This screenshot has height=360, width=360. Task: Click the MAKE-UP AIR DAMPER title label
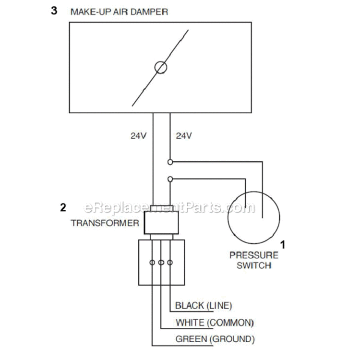119,12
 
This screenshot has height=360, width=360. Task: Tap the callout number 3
54,11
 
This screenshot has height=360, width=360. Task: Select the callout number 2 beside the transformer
63,207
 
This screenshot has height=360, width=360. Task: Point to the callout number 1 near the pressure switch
283,245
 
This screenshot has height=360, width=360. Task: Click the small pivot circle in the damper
161,68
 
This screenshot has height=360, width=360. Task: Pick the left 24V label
138,136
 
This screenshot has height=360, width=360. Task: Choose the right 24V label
184,136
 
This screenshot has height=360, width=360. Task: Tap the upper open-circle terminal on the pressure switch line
170,162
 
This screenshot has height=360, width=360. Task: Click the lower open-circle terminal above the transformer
170,179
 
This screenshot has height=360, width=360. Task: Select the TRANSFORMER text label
105,223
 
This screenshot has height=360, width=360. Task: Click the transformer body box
161,223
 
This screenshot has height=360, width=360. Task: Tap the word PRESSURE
254,255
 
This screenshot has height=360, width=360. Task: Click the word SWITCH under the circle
254,265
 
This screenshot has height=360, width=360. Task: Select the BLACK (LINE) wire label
204,306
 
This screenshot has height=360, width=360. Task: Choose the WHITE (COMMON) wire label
215,323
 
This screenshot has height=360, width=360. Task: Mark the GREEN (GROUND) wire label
215,339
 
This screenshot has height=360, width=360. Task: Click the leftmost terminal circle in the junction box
152,263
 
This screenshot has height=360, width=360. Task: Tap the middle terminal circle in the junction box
161,263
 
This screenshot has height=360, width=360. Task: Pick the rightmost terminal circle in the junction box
170,263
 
